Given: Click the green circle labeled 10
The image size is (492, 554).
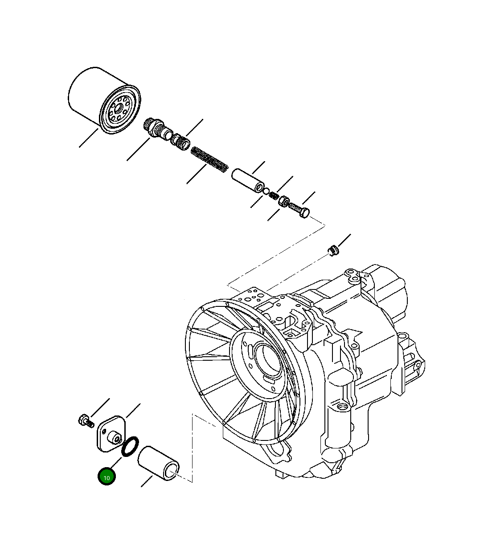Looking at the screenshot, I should coord(107,477).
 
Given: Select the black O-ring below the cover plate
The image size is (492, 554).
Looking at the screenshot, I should coord(131,447).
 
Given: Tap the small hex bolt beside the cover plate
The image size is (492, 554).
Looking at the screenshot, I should coord(85,420).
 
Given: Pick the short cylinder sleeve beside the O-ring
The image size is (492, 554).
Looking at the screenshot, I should coord(159,463).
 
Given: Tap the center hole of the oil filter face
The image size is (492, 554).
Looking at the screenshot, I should coord(118,109).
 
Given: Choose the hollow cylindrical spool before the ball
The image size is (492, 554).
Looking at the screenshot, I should coord(248,180).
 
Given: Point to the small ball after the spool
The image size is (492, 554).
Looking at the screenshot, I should coord(266,192).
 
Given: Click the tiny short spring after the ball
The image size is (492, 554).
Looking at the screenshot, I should coord(274,196).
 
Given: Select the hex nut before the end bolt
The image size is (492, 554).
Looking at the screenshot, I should coord(283,201).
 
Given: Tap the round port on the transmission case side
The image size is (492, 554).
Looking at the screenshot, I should coord(341,407).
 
